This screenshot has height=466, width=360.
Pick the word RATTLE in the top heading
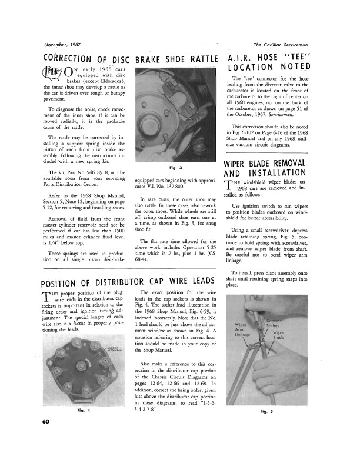pyautogui.click(x=198, y=59)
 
